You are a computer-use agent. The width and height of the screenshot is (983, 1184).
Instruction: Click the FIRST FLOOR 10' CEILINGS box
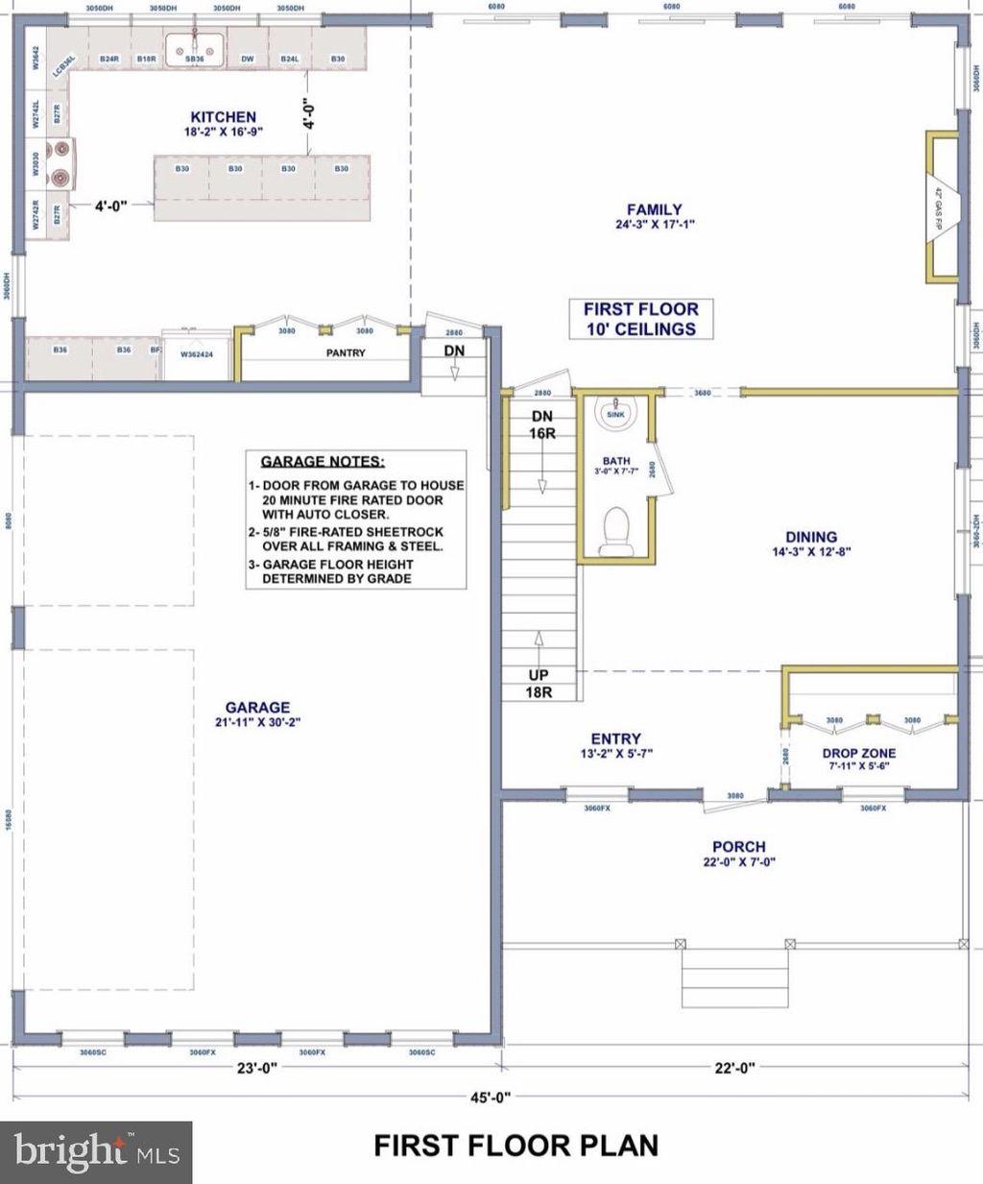(x=641, y=319)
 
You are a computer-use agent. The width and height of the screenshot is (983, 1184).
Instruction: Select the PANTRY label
(x=346, y=352)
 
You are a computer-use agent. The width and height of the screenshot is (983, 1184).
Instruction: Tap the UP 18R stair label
(x=539, y=683)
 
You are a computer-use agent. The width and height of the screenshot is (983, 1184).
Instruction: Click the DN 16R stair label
(x=542, y=424)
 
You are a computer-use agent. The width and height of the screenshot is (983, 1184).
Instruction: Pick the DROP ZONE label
(x=859, y=754)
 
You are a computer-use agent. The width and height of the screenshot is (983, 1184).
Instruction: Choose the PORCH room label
(x=738, y=847)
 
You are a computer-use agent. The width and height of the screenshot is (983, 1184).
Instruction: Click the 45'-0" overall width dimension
(x=491, y=1097)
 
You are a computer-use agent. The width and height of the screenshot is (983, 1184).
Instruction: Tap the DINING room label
(x=811, y=538)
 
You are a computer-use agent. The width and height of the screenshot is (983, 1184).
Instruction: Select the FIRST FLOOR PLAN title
(x=515, y=1146)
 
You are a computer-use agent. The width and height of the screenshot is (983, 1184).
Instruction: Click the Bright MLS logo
(x=96, y=1150)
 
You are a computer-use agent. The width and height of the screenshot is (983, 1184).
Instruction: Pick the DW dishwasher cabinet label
(x=248, y=60)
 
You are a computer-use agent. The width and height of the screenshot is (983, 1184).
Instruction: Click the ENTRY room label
(x=615, y=739)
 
